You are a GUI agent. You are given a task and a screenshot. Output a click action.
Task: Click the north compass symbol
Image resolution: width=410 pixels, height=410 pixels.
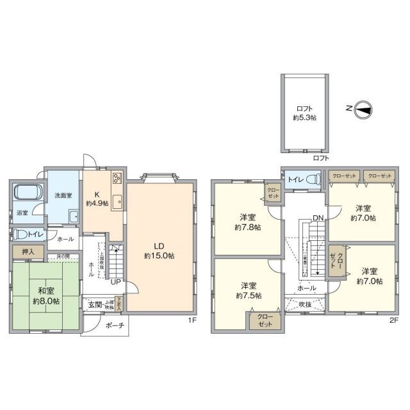362,110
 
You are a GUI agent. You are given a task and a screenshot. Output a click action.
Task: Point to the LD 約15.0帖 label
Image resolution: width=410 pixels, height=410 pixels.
160,250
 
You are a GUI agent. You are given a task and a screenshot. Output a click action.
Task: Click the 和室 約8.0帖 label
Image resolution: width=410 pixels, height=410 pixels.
44,295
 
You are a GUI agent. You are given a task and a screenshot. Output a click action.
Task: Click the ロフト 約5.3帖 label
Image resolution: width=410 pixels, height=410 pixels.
305,113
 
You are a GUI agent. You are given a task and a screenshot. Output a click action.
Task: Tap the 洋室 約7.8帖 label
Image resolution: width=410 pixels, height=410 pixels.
248,222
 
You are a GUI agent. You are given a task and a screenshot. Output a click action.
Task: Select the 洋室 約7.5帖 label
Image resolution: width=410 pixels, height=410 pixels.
248,290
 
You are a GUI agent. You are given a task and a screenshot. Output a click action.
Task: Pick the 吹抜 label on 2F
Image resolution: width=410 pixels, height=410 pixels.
305,304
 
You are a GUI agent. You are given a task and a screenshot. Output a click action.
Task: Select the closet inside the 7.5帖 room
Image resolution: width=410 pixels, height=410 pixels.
265,320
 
